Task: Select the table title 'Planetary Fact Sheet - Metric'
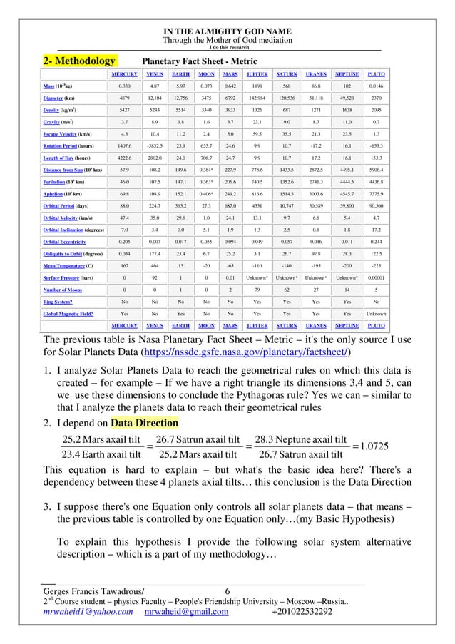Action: click(200, 61)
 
